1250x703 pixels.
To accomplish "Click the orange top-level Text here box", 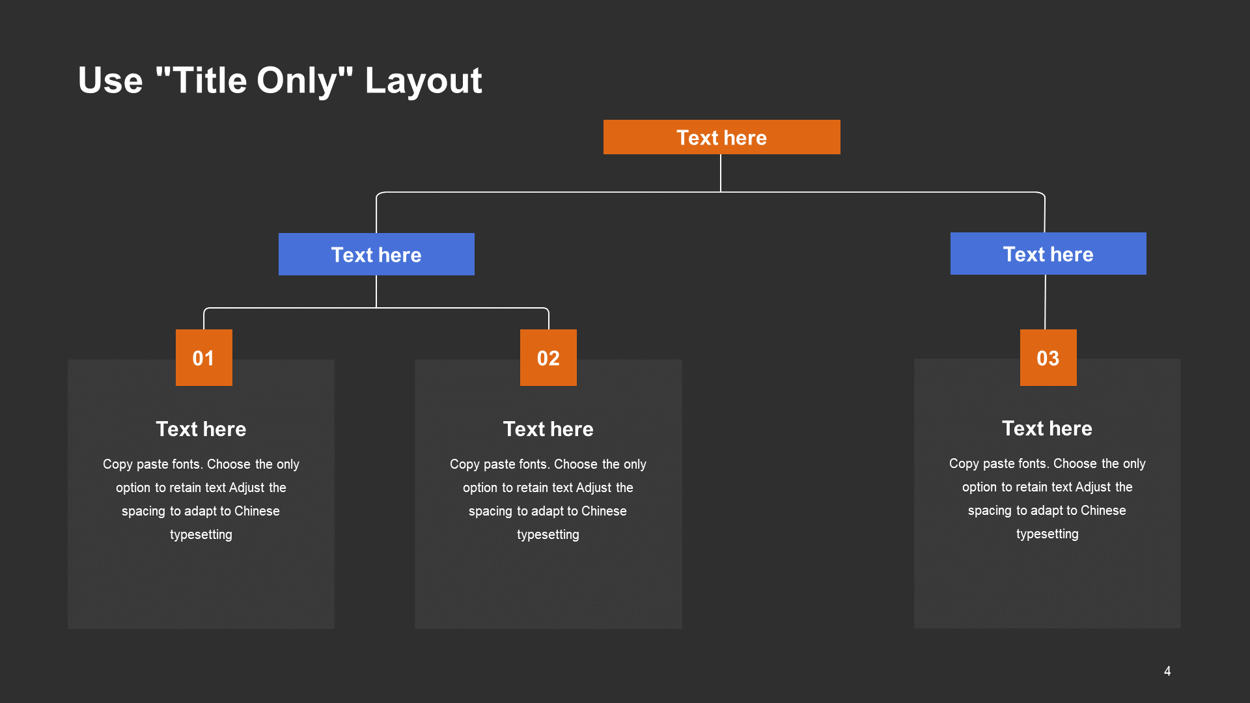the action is (x=721, y=137).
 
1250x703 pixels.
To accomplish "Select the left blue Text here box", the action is (x=376, y=254).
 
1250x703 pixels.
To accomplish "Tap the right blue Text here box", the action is (x=1048, y=253).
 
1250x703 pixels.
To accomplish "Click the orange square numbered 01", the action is (x=204, y=357).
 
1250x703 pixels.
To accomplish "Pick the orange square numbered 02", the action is (x=548, y=357).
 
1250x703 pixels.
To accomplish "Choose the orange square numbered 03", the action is (x=1048, y=357).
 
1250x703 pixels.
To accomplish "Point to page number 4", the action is (x=1167, y=671).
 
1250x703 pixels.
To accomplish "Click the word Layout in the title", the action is (x=423, y=81).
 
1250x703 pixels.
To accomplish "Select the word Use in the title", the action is (x=111, y=81).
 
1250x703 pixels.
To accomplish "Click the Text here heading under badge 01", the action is (x=201, y=429).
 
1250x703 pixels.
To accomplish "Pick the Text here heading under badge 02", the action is (x=548, y=429).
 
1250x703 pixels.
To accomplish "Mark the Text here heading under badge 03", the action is (x=1047, y=428).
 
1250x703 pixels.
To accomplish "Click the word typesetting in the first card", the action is (x=201, y=534).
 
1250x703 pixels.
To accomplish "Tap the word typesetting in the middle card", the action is (x=548, y=534).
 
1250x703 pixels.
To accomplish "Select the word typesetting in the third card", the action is (x=1048, y=534).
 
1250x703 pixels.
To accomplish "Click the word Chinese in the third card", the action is (x=1104, y=510).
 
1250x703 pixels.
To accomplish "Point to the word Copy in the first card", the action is (x=118, y=464).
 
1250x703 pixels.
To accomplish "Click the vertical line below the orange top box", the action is (x=721, y=173).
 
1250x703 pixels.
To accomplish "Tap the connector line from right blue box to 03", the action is (x=1045, y=302).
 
